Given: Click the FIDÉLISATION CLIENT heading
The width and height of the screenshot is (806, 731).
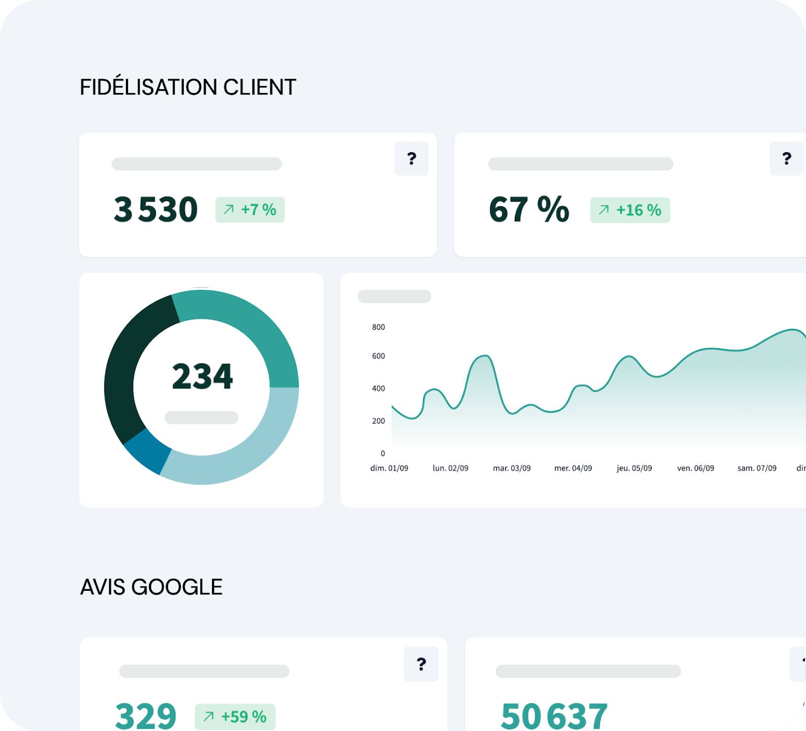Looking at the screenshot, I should (x=188, y=87).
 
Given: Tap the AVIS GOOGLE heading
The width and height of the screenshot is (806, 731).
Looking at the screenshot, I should (x=151, y=587).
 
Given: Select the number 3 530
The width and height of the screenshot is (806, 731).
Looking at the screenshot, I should (x=155, y=209).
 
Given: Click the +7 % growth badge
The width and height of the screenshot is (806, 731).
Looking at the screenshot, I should (x=250, y=210).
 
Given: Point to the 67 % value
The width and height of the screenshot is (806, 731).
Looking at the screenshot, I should (x=528, y=209).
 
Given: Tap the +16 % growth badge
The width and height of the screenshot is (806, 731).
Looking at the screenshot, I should (x=630, y=210).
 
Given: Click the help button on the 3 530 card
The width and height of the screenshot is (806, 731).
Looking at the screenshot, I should (x=411, y=159).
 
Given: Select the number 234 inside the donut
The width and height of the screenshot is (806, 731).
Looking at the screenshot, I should (x=202, y=376).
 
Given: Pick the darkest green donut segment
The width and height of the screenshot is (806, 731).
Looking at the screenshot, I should (x=126, y=368).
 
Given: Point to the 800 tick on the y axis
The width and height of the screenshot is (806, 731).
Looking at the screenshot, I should (x=378, y=327).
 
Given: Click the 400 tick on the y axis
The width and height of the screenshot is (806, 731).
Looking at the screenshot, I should (x=378, y=389).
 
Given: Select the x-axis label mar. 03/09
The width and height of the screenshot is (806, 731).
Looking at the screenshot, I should (x=512, y=468).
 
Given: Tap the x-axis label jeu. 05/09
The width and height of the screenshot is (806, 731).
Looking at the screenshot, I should (x=634, y=468).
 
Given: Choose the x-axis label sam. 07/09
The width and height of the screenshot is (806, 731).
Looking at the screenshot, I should (x=757, y=468).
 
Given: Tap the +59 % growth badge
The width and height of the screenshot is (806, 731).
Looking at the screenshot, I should (x=235, y=716).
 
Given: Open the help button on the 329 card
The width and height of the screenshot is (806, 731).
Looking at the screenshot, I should (x=421, y=664).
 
